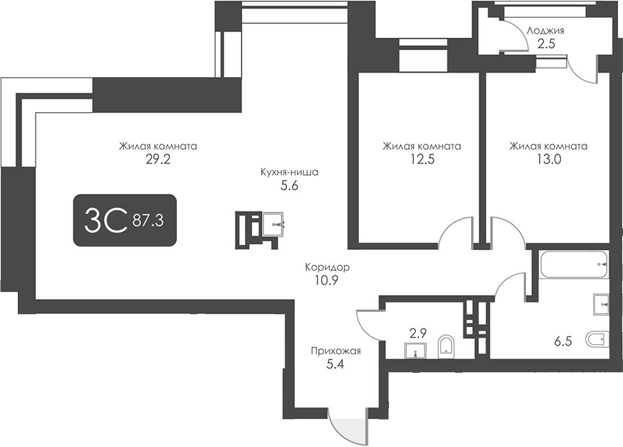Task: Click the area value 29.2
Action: click(158, 160)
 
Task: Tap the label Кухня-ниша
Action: click(289, 172)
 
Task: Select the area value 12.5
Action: click(421, 160)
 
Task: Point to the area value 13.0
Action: click(548, 160)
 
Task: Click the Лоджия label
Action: click(546, 31)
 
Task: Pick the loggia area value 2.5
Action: click(546, 44)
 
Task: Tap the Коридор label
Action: click(327, 267)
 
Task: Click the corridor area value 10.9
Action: click(327, 280)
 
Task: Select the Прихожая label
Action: click(336, 351)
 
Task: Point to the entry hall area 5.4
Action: click(336, 364)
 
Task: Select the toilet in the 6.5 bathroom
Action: click(596, 339)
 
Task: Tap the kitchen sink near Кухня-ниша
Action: click(273, 225)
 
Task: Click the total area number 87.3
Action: click(148, 221)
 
